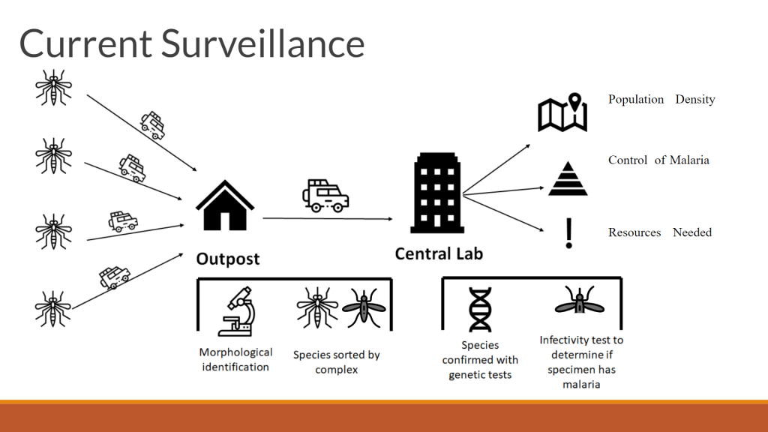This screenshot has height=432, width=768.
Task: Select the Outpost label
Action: pos(227,259)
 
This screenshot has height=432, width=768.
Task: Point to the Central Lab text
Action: pos(439,253)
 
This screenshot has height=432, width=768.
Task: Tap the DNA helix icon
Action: pos(480,309)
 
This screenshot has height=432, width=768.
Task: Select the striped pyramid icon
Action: pos(568,178)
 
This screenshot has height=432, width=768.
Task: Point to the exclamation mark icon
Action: pos(568,233)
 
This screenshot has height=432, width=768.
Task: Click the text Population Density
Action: pos(661,100)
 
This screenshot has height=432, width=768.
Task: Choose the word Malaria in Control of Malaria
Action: pos(689,160)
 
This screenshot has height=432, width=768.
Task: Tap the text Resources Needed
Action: pos(659,232)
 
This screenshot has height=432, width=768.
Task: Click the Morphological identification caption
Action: pos(235,359)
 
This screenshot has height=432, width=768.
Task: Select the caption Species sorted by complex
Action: pos(336,361)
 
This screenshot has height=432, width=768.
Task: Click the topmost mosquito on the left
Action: pos(53,85)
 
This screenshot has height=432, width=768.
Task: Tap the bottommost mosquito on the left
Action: pos(53,307)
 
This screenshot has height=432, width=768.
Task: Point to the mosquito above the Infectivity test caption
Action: pos(579,304)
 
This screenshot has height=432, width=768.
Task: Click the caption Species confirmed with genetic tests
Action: pos(480,359)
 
